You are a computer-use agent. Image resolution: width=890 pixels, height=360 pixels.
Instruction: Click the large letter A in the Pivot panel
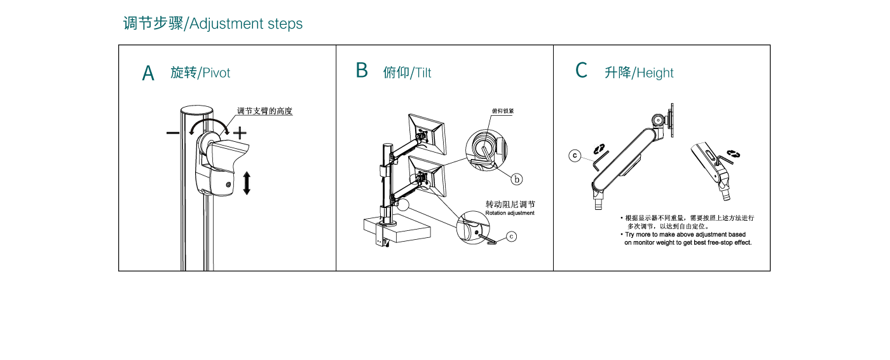pyautogui.click(x=148, y=74)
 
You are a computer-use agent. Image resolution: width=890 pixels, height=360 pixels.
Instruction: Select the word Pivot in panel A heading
pyautogui.click(x=216, y=73)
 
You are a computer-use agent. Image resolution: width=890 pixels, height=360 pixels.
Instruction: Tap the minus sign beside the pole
pyautogui.click(x=173, y=133)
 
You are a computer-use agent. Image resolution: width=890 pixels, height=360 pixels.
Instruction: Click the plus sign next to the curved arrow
pyautogui.click(x=239, y=133)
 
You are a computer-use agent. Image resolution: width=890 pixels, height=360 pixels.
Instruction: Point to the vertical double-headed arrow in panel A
pyautogui.click(x=247, y=183)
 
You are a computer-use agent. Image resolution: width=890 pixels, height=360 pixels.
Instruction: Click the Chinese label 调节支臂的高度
pyautogui.click(x=264, y=111)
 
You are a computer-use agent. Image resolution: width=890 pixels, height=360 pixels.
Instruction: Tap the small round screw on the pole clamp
pyautogui.click(x=229, y=185)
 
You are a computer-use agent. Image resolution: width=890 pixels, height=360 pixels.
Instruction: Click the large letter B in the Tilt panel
pyautogui.click(x=362, y=71)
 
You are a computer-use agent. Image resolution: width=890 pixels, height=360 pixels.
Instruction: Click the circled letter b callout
pyautogui.click(x=517, y=179)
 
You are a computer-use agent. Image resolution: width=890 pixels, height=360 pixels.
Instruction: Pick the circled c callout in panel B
pyautogui.click(x=512, y=237)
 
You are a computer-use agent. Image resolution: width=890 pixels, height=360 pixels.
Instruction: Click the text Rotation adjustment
pyautogui.click(x=510, y=213)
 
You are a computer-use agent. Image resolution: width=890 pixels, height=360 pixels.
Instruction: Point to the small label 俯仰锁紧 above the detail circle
pyautogui.click(x=502, y=111)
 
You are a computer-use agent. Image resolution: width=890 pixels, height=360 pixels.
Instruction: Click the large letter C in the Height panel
pyautogui.click(x=581, y=71)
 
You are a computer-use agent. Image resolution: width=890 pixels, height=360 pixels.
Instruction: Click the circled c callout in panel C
pyautogui.click(x=574, y=155)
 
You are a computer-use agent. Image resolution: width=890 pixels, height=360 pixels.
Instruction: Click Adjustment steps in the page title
pyautogui.click(x=246, y=24)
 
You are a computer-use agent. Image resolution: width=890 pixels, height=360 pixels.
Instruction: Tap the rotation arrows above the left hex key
pyautogui.click(x=599, y=148)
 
